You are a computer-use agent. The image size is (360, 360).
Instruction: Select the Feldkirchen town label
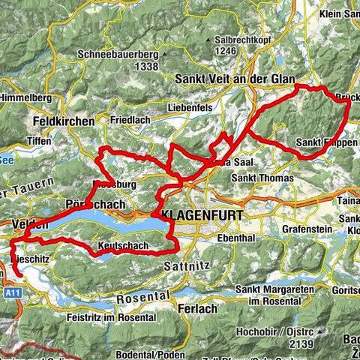tap(64, 121)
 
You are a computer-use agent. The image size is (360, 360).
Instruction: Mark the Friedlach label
tap(136, 120)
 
